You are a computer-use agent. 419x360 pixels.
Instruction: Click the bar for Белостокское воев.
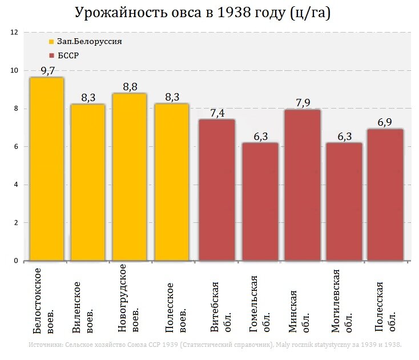point(47,169)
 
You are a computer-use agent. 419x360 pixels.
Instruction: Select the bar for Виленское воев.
point(88,182)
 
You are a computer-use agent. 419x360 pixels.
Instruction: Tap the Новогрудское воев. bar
point(129,177)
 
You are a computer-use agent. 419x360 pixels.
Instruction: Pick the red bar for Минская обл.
point(302,185)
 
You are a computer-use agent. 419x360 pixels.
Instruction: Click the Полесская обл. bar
point(385,195)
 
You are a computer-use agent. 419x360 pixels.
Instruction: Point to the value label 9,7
point(47,70)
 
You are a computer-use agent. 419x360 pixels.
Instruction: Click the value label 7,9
point(302,103)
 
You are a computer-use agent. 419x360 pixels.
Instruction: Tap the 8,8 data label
point(130,87)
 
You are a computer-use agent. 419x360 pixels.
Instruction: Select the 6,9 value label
point(385,122)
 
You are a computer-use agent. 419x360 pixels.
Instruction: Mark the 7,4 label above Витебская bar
point(217,113)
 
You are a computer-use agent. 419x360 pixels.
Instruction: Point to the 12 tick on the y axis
point(14,33)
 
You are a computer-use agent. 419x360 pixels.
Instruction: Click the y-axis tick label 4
point(16,185)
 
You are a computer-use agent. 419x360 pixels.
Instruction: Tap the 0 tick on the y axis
point(16,261)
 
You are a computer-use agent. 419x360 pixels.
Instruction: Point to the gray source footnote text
point(214,345)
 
